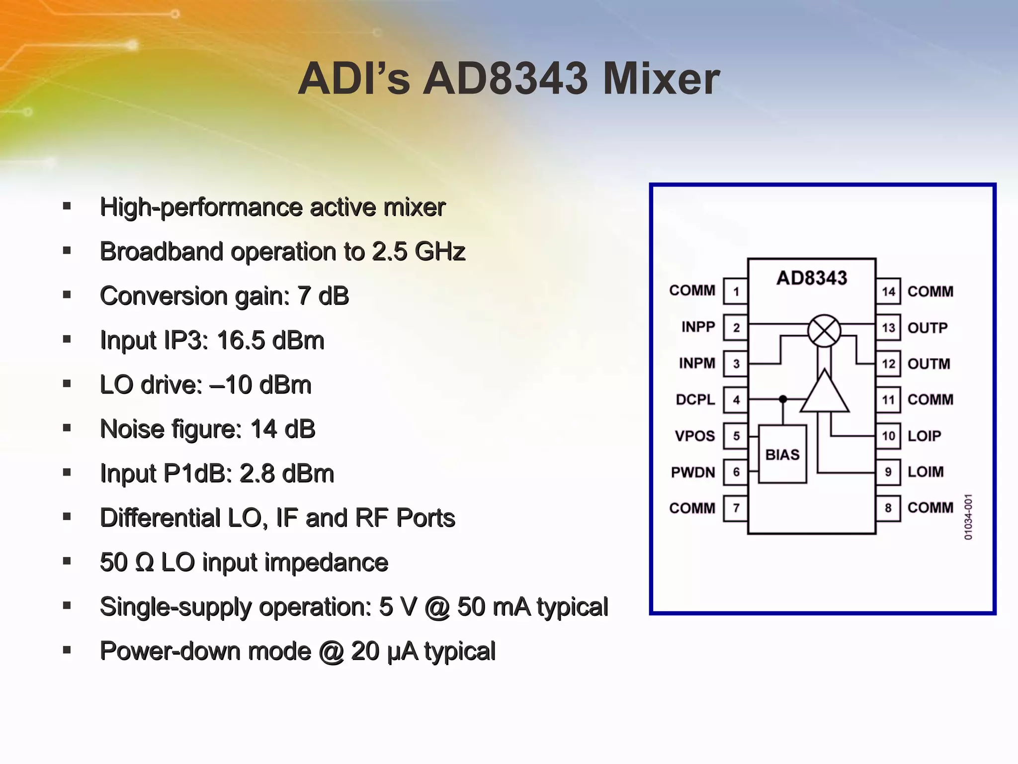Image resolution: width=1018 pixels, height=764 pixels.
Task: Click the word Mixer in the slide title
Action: coord(661,80)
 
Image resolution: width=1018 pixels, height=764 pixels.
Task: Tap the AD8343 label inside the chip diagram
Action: coord(811,278)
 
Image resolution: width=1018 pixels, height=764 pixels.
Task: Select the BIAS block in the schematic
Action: coord(782,454)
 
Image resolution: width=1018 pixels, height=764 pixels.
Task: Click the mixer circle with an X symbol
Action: coord(824,331)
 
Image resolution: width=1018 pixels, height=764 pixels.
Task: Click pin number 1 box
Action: coord(736,291)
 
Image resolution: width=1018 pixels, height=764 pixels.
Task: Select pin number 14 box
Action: coord(888,291)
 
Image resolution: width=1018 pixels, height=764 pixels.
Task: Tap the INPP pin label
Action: coord(698,327)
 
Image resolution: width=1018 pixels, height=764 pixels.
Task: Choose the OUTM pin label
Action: coord(929,364)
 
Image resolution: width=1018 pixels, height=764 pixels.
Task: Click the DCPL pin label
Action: coord(695,399)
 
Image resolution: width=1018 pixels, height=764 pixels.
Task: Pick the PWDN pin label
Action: coord(692,472)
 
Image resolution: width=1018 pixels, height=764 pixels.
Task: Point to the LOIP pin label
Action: coord(924,436)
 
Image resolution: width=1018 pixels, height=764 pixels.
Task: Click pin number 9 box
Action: coord(888,472)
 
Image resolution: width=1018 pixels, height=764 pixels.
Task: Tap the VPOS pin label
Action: coord(694,436)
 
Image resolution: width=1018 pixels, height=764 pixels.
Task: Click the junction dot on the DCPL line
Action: coord(783,399)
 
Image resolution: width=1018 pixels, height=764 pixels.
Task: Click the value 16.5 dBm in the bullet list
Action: coord(270,341)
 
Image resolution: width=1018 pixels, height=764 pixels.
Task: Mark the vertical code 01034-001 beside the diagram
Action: coord(968,517)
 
